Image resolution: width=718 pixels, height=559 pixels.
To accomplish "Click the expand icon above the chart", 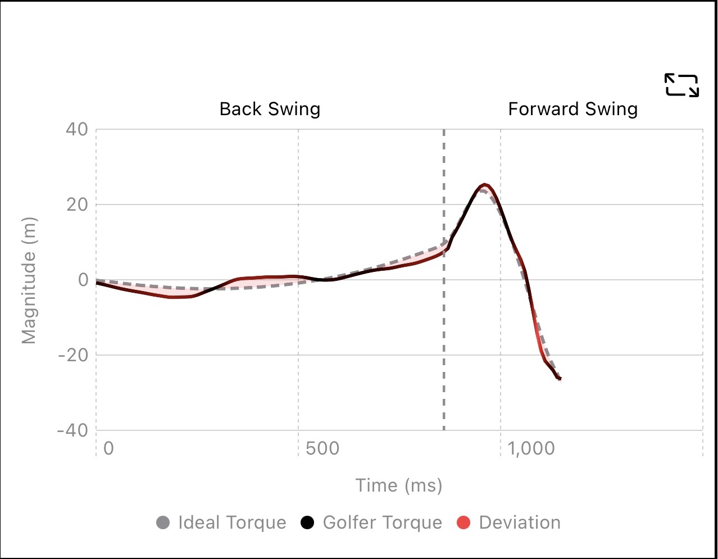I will (x=681, y=85).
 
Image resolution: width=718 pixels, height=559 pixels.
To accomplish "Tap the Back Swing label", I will (x=270, y=109).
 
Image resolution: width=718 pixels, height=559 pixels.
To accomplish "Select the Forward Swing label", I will (x=572, y=109).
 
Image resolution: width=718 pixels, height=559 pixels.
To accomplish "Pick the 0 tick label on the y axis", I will (x=83, y=280).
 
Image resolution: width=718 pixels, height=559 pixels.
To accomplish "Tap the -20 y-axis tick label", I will (x=73, y=355).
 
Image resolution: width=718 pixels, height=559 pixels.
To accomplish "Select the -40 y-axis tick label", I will (x=73, y=430).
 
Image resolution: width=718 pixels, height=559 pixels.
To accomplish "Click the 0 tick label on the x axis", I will (x=108, y=449).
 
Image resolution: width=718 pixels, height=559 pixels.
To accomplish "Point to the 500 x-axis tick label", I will (x=322, y=449).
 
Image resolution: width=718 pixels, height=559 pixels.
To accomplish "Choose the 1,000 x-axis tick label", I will (x=531, y=449).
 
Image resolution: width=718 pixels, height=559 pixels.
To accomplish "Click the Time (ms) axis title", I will (x=399, y=485).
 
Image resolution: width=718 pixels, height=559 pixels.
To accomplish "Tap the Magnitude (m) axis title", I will (x=29, y=280).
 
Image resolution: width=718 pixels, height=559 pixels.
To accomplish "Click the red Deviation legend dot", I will (x=464, y=523).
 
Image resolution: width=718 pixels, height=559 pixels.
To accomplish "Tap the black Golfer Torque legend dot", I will (x=308, y=523).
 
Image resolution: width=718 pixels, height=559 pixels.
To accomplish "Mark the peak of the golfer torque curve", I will (x=484, y=185).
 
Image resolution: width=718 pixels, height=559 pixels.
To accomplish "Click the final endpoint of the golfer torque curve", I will (x=560, y=379).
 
